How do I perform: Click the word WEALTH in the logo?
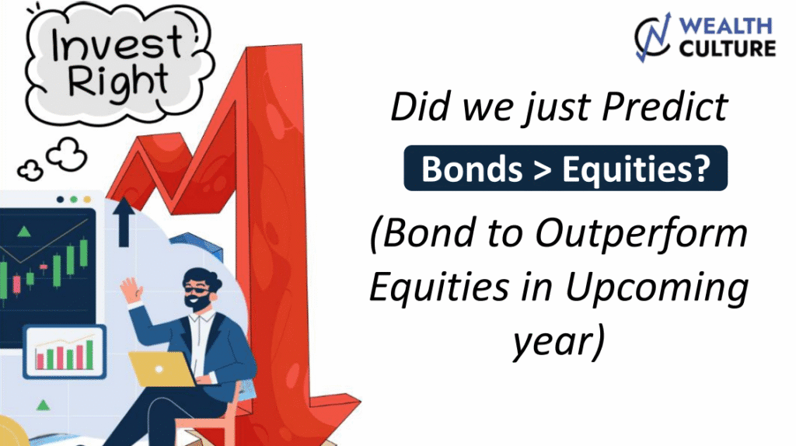pyautogui.click(x=725, y=26)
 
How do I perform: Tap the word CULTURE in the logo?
pyautogui.click(x=727, y=49)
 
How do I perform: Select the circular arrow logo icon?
pyautogui.click(x=653, y=37)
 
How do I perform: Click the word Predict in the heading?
pyautogui.click(x=665, y=107)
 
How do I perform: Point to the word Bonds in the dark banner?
pyautogui.click(x=472, y=169)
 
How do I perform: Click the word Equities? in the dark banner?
pyautogui.click(x=636, y=169)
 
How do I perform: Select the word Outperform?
pyautogui.click(x=641, y=233)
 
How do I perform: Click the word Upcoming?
pyautogui.click(x=657, y=288)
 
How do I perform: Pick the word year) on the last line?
pyautogui.click(x=558, y=341)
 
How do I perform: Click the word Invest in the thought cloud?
pyautogui.click(x=117, y=43)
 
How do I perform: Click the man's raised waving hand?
pyautogui.click(x=131, y=290)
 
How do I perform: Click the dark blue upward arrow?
pyautogui.click(x=124, y=221)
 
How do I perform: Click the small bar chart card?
pyautogui.click(x=65, y=352)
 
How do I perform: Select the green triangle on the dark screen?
pyautogui.click(x=24, y=232)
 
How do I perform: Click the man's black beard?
pyautogui.click(x=195, y=302)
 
